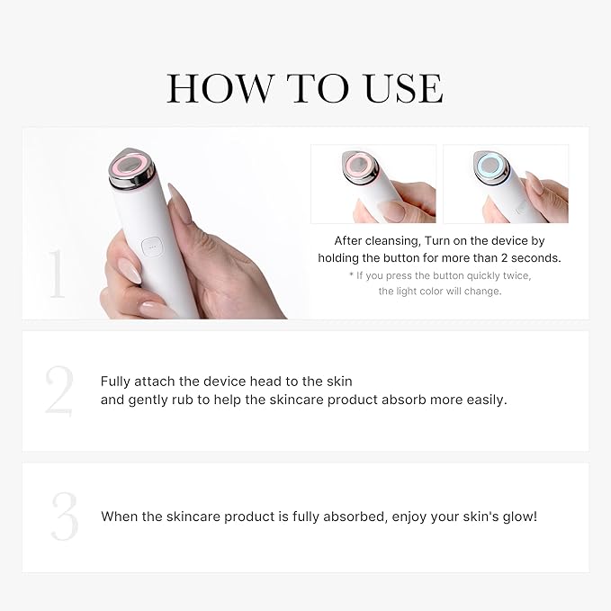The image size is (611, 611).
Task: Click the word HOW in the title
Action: pyautogui.click(x=220, y=89)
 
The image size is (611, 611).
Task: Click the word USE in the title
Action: pyautogui.click(x=403, y=89)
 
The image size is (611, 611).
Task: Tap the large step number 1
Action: pyautogui.click(x=57, y=274)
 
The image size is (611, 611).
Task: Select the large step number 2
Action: pyautogui.click(x=59, y=391)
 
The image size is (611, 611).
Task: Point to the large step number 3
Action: pyautogui.click(x=64, y=517)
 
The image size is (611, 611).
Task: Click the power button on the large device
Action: pyautogui.click(x=149, y=244)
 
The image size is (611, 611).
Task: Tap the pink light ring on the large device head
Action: pyautogui.click(x=131, y=167)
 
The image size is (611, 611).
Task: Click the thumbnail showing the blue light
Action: pyautogui.click(x=506, y=184)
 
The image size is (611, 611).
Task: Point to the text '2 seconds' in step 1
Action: pyautogui.click(x=530, y=258)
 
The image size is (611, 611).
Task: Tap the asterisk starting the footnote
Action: pyautogui.click(x=353, y=274)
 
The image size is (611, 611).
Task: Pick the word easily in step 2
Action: pyautogui.click(x=484, y=400)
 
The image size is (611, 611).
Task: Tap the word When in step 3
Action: pyautogui.click(x=121, y=517)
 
